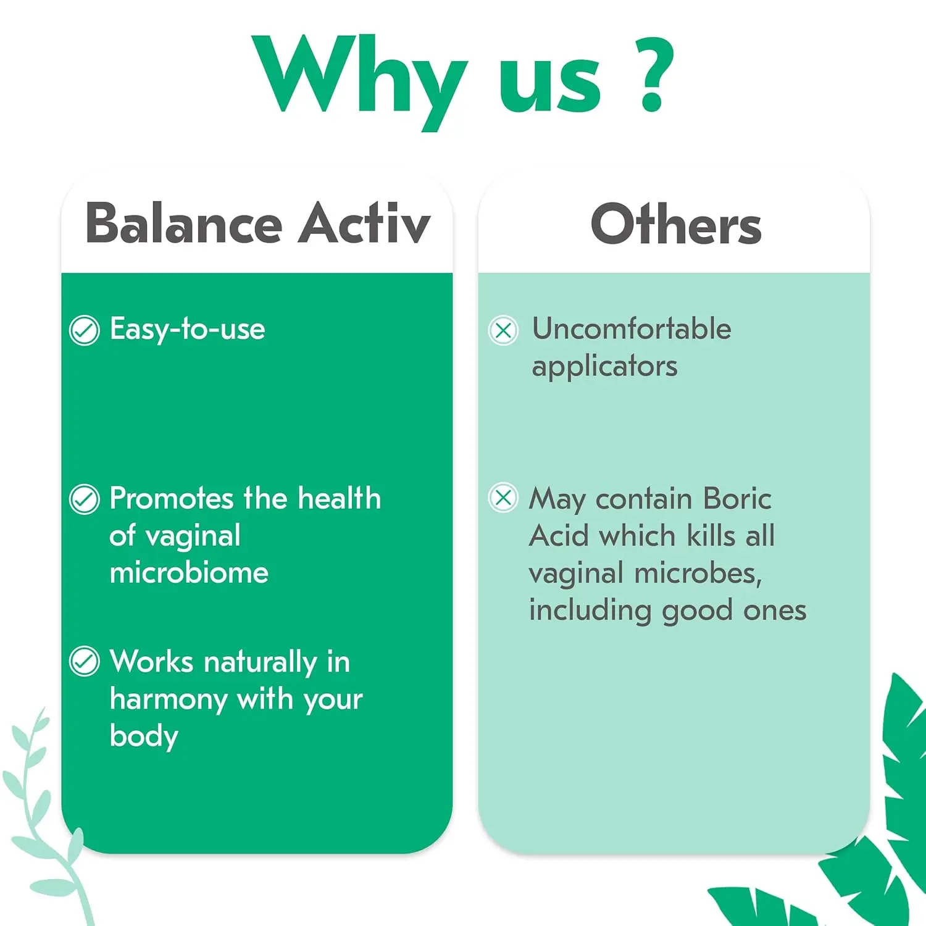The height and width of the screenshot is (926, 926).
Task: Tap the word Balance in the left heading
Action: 183,223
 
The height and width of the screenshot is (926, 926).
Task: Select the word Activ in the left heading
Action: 364,223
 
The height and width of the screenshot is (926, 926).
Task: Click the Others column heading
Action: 675,225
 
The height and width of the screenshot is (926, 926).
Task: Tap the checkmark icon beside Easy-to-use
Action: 85,330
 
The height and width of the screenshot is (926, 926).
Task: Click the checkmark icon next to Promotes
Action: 85,499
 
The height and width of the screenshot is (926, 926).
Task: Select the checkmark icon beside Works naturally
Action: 85,662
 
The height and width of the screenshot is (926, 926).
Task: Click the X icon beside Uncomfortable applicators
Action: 503,330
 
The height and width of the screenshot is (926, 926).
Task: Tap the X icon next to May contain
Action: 503,498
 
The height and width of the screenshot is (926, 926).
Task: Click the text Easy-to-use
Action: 187,329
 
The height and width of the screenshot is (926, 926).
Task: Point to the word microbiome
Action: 189,573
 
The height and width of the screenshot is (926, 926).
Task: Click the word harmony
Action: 169,700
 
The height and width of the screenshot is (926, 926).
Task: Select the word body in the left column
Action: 144,736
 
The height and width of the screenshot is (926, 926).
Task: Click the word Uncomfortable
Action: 632,328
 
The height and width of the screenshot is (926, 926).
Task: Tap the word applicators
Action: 604,367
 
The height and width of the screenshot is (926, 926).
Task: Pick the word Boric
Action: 737,499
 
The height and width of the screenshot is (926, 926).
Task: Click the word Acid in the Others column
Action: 559,536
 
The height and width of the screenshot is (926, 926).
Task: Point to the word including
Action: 590,611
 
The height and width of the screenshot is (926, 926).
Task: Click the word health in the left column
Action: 339,498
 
